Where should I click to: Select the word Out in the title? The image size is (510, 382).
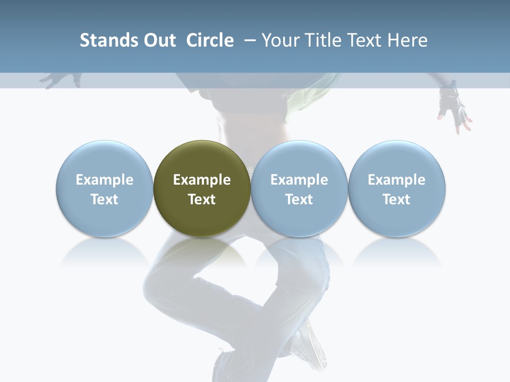[x=158, y=40]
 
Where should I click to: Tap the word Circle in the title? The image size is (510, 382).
[x=210, y=40]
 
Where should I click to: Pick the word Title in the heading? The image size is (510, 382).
[x=322, y=40]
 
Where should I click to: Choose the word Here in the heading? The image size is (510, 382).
[x=407, y=40]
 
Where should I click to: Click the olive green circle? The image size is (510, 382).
[x=202, y=188]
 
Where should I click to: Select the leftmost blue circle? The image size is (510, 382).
[x=105, y=188]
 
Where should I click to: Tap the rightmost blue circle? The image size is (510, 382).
[x=397, y=188]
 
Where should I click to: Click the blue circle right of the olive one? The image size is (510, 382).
[x=299, y=188]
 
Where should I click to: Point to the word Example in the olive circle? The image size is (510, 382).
[x=202, y=180]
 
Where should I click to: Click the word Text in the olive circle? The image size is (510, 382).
[x=202, y=199]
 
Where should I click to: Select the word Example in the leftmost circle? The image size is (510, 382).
[x=105, y=180]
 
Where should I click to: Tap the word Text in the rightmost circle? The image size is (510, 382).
[x=397, y=199]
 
